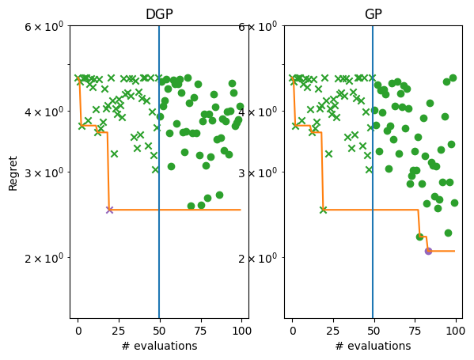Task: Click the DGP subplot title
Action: [x=159, y=14]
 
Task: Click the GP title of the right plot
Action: [x=373, y=14]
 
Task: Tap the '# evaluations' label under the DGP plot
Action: [x=159, y=346]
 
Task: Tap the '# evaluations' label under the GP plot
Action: [x=373, y=346]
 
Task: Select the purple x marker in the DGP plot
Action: [x=109, y=210]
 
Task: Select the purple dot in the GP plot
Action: [x=428, y=251]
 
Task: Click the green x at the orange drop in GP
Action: [x=323, y=210]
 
